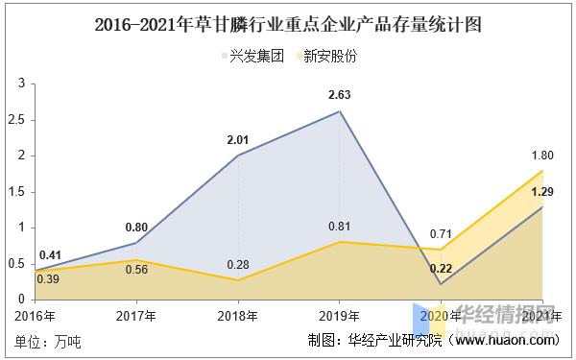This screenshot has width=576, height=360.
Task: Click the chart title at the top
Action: pos(288,23)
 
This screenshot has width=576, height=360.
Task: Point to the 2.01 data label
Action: pos(238,139)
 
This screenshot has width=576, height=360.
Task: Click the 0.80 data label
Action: pos(136,227)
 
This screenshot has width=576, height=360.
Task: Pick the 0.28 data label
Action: pos(238,263)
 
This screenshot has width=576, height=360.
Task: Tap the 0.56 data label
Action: pos(136,269)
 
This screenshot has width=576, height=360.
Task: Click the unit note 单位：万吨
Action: pos(48,340)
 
